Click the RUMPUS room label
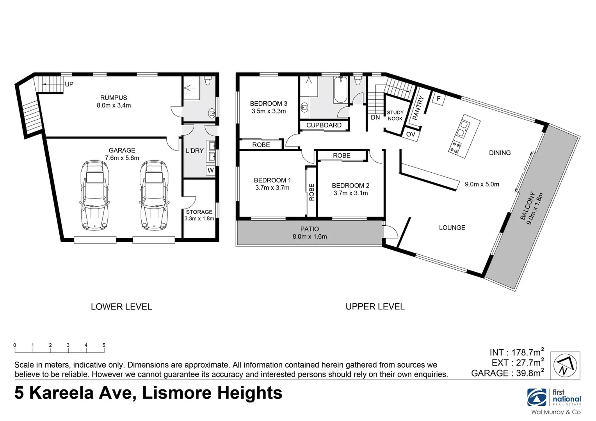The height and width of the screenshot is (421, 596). click(x=114, y=98)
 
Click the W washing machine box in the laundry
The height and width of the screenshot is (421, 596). click(x=211, y=170)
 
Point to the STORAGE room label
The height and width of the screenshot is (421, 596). click(x=199, y=212)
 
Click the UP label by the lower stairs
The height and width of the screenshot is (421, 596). click(x=69, y=84)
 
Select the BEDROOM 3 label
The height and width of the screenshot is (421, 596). click(x=269, y=104)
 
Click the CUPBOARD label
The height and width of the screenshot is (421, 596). click(x=324, y=125)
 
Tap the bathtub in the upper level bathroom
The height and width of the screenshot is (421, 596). click(x=341, y=90)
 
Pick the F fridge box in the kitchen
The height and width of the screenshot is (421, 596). click(x=438, y=99)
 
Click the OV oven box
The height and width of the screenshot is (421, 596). click(x=411, y=134)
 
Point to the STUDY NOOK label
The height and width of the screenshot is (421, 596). click(x=395, y=115)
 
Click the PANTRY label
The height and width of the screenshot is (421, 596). click(x=417, y=109)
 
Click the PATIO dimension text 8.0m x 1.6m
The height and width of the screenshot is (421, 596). click(x=310, y=237)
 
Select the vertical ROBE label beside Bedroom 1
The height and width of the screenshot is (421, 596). click(x=311, y=192)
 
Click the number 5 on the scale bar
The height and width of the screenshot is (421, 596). click(x=104, y=345)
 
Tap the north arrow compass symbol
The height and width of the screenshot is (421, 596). click(x=565, y=365)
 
